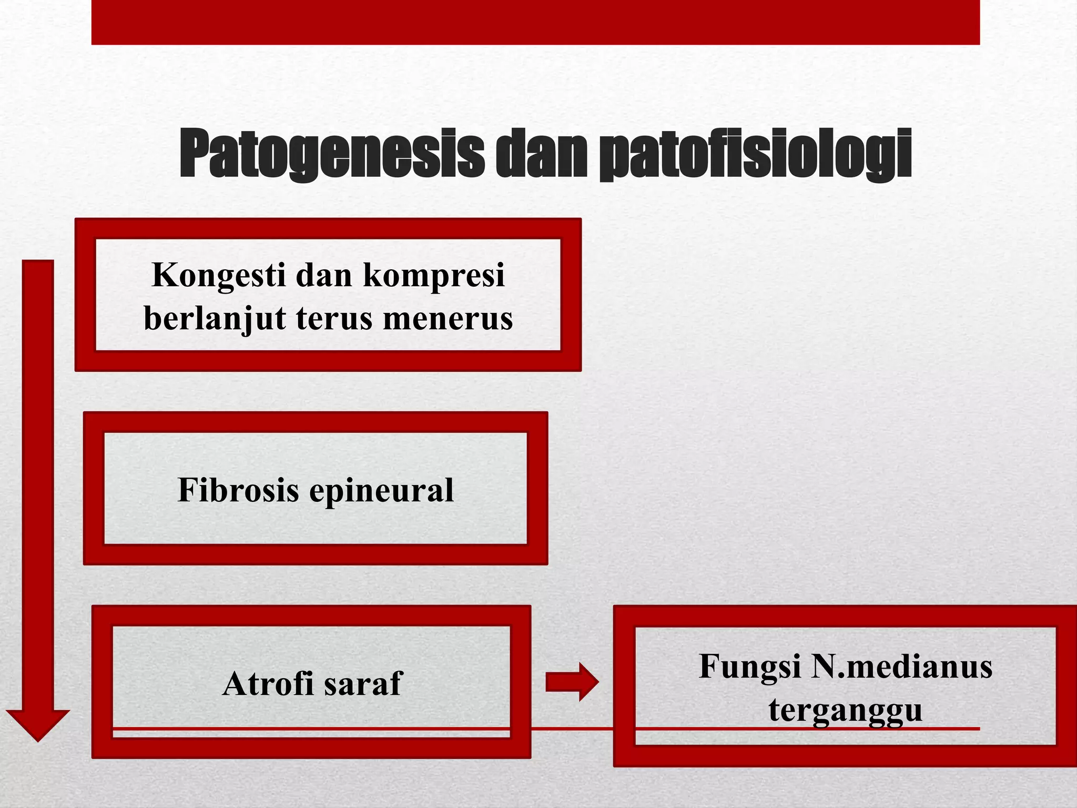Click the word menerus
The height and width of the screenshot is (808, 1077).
pyautogui.click(x=448, y=319)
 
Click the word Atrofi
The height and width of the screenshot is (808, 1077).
pyautogui.click(x=267, y=684)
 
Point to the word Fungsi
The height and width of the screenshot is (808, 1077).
pyautogui.click(x=750, y=667)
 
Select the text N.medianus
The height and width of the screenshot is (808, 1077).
pyautogui.click(x=901, y=666)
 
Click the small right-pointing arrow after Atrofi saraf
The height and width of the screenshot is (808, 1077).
pyautogui.click(x=572, y=682)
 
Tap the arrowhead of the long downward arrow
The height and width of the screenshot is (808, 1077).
pyautogui.click(x=38, y=724)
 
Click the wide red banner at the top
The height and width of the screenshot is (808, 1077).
pyautogui.click(x=535, y=22)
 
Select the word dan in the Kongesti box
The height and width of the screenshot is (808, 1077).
pyautogui.click(x=321, y=276)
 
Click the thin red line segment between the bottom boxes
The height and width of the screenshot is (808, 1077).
pyautogui.click(x=572, y=729)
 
